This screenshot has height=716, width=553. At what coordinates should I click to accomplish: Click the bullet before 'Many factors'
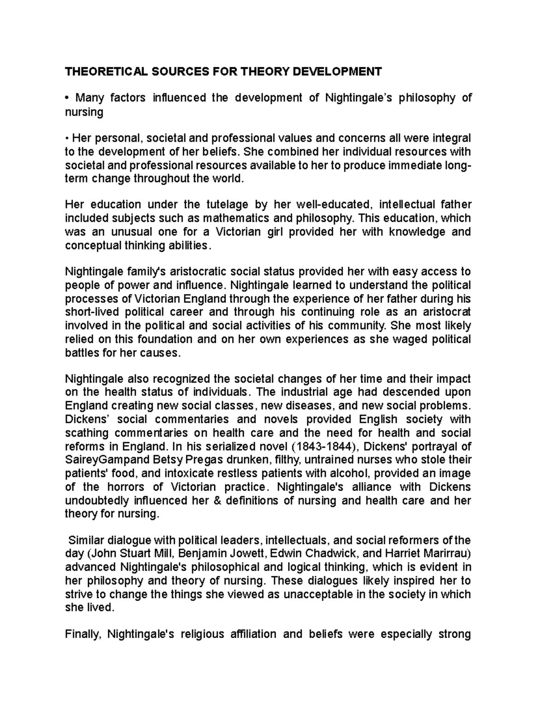click(x=67, y=98)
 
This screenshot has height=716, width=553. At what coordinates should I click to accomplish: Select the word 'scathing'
click(x=87, y=433)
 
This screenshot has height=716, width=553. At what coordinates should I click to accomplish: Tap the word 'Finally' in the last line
click(x=83, y=634)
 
